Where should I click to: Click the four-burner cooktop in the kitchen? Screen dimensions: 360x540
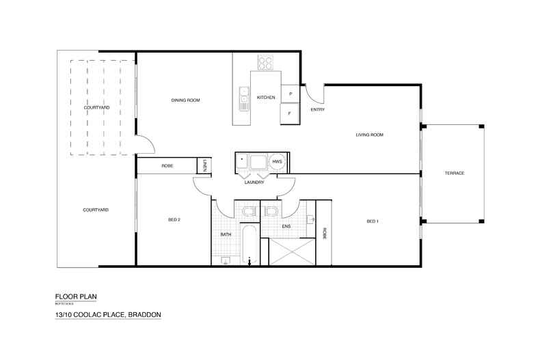coord(265,63)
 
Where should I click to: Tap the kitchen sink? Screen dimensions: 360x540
coord(243,98)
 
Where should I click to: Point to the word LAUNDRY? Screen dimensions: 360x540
coord(254,182)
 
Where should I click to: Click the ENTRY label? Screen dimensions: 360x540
coord(318,109)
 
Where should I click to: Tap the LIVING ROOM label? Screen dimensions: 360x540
coord(369,135)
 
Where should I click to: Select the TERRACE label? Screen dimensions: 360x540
coord(455,173)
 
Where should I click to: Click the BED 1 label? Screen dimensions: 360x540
coord(373,221)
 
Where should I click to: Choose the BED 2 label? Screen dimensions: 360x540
coord(174,220)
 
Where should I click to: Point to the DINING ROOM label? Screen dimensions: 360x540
coord(185,100)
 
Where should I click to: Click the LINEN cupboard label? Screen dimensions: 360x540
coord(204,165)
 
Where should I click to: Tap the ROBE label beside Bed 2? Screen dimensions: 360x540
coord(167,166)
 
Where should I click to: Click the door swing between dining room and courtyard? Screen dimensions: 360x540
coord(146,144)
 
